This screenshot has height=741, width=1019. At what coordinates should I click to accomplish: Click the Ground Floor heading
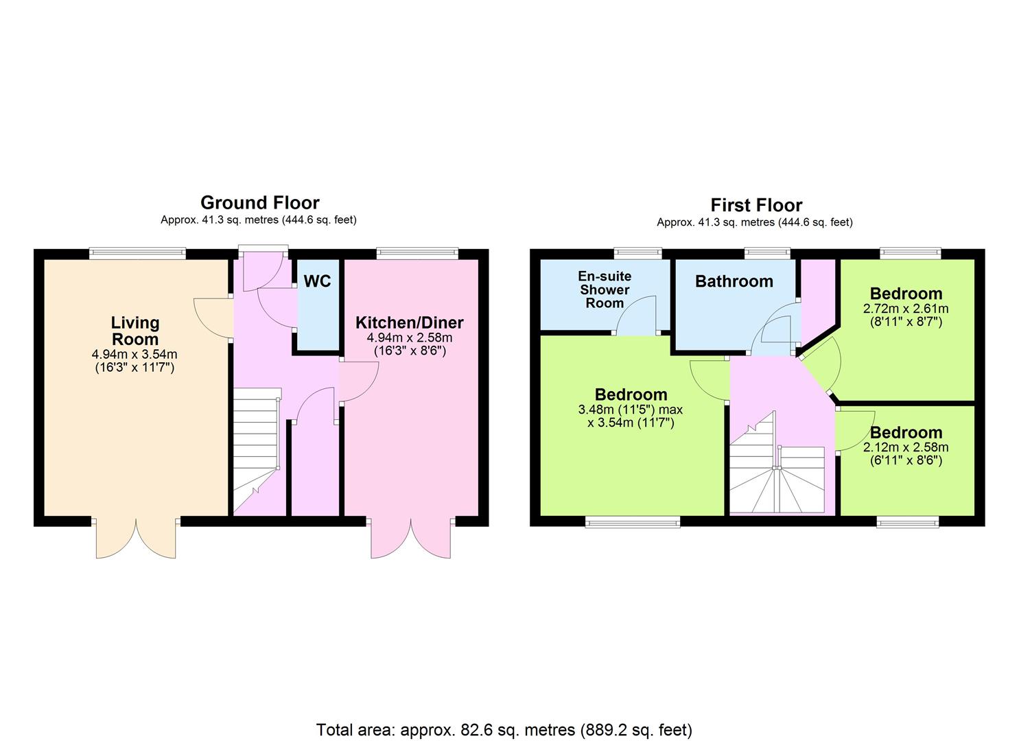pyautogui.click(x=260, y=202)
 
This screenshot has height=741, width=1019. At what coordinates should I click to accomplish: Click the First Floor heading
pyautogui.click(x=756, y=205)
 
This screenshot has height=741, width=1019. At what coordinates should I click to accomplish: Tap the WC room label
pyautogui.click(x=318, y=281)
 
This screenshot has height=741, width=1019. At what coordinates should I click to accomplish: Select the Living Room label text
pyautogui.click(x=135, y=331)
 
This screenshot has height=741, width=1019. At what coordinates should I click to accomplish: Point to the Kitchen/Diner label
pyautogui.click(x=410, y=322)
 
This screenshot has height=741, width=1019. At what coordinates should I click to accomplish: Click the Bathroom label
pyautogui.click(x=734, y=281)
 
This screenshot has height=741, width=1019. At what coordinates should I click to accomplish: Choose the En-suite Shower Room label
pyautogui.click(x=605, y=290)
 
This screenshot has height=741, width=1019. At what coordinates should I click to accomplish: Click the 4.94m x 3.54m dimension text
pyautogui.click(x=134, y=354)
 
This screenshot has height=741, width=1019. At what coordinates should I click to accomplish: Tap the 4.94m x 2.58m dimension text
pyautogui.click(x=410, y=338)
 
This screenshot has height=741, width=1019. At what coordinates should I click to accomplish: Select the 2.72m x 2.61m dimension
pyautogui.click(x=906, y=309)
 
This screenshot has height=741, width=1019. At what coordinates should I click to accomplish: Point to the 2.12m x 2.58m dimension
pyautogui.click(x=906, y=447)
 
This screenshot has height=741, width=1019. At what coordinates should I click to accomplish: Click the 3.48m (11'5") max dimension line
pyautogui.click(x=631, y=410)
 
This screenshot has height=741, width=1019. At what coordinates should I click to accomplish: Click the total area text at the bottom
pyautogui.click(x=504, y=692)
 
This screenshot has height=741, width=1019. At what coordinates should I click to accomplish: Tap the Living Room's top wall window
pyautogui.click(x=137, y=253)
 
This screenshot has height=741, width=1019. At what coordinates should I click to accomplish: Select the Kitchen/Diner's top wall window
pyautogui.click(x=417, y=253)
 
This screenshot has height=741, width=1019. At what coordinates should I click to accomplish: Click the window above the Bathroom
pyautogui.click(x=767, y=253)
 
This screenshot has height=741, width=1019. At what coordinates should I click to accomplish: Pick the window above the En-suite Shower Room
pyautogui.click(x=637, y=253)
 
